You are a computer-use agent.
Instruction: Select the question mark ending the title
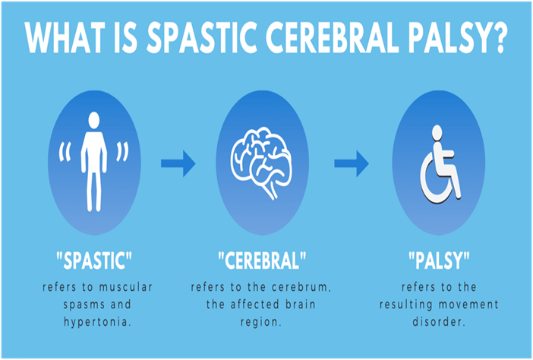pos(498,39)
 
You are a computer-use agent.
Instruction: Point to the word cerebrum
pos(311,288)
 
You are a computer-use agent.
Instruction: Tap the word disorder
pos(440,321)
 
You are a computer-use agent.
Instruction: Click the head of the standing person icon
pos(93,120)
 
